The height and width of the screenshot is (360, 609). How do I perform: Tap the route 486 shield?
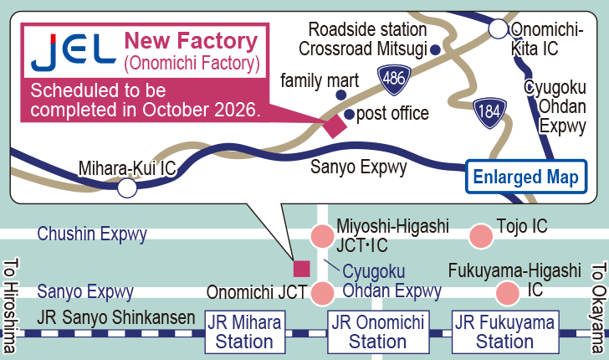[391, 78]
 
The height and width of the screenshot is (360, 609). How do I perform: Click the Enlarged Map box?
[525, 177]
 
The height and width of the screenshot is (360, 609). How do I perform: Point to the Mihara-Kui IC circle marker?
[126, 188]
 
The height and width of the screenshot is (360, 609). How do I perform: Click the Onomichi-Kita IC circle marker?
[499, 30]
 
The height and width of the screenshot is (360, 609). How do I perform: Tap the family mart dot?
[340, 95]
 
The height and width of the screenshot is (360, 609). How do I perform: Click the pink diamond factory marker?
[334, 125]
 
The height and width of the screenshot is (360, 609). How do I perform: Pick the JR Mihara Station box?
[244, 332]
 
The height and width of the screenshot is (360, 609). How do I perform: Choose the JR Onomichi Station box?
[378, 332]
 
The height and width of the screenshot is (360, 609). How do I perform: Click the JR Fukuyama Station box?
[505, 332]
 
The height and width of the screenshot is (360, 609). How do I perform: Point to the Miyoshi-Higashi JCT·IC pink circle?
[322, 236]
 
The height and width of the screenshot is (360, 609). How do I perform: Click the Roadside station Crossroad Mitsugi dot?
[436, 50]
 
